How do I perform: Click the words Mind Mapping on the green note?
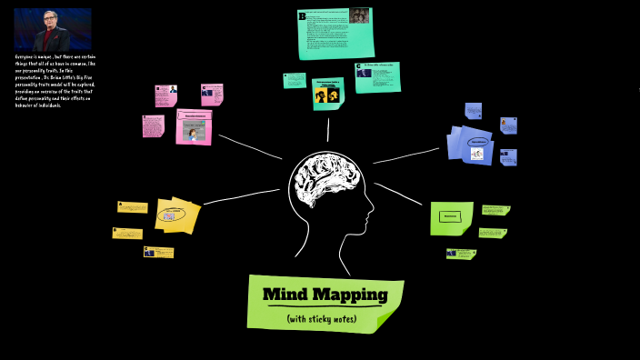coord(325,295)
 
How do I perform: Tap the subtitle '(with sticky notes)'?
coord(322,319)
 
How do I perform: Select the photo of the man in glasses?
coord(52,30)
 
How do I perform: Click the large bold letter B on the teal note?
coord(302,15)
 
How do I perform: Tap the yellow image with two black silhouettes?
coord(326,94)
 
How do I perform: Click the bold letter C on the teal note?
coord(359,66)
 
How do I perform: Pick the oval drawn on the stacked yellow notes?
coord(168,215)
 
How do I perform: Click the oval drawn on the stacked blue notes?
coord(477,143)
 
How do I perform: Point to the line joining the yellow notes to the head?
coord(241,195)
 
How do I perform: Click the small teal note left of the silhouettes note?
coord(295,80)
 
